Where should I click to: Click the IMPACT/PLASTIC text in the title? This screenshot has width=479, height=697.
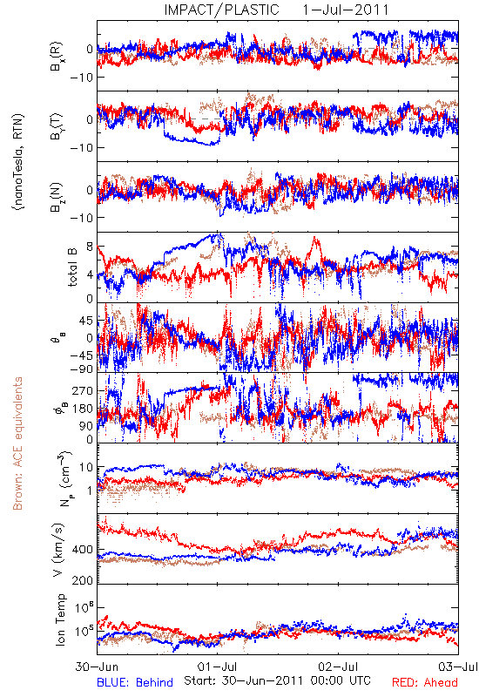coord(221,10)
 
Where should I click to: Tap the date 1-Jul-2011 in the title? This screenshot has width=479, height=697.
coord(346,10)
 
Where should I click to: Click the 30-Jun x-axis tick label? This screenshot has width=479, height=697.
coord(97,667)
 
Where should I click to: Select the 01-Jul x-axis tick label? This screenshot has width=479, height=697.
coord(217,667)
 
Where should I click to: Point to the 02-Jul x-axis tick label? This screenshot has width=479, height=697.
coord(338,667)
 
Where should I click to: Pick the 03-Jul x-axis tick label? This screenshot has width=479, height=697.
coord(458,667)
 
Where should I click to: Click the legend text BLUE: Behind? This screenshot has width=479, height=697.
coord(135,682)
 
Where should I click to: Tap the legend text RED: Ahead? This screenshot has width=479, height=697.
coord(424,682)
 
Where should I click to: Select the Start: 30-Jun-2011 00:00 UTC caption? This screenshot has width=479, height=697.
coord(277,680)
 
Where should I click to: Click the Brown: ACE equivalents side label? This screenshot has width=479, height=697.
coord(17,443)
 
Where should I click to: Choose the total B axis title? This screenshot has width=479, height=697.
coord(72,267)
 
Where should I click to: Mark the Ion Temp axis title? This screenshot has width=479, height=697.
coord(60,619)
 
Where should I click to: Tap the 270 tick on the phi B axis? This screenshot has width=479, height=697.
coord(84,390)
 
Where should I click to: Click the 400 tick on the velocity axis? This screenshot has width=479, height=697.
coord(83,550)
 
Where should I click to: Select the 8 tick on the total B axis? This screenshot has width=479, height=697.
coord(90,247)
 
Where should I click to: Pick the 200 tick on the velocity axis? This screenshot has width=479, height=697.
coord(83,580)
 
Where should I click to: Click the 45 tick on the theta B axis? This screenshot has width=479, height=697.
coord(86,321)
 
